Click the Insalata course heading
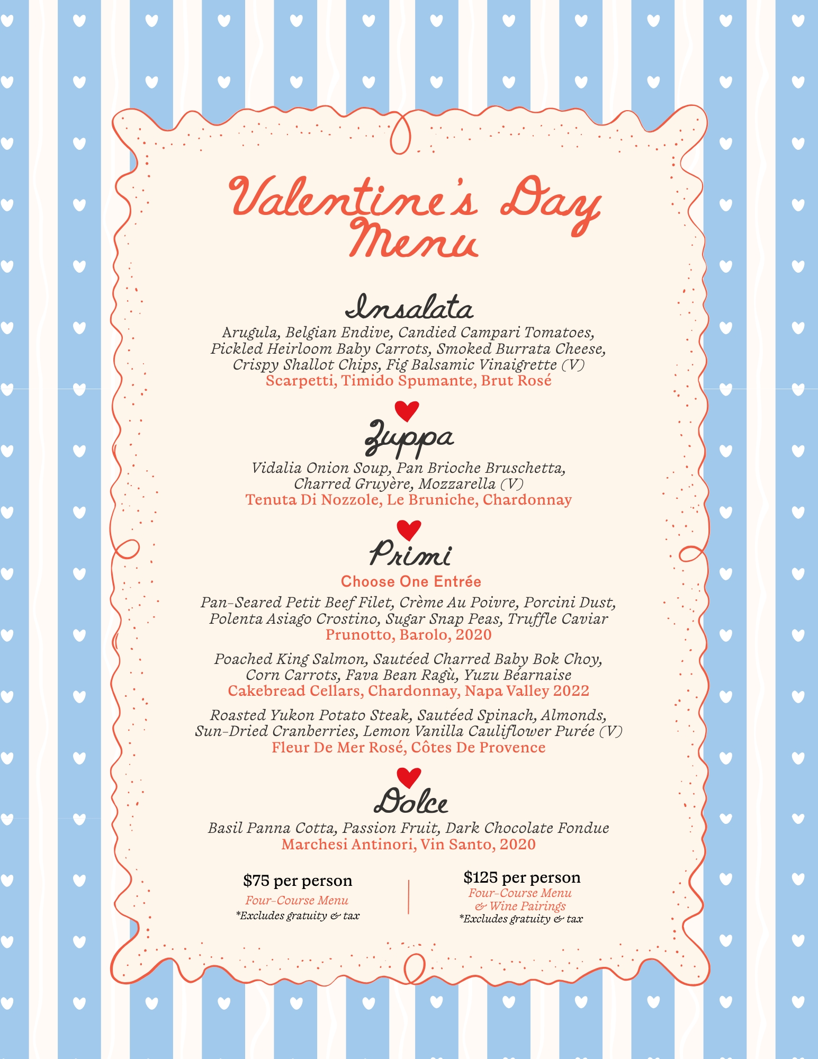tap(409, 308)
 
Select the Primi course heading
tap(410, 554)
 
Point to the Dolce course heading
tap(411, 801)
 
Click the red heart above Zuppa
tap(407, 410)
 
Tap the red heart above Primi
tap(409, 529)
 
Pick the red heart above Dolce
tap(409, 777)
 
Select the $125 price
tap(480, 878)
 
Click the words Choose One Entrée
tap(411, 581)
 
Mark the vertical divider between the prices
tap(409, 897)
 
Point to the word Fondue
tap(582, 828)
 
